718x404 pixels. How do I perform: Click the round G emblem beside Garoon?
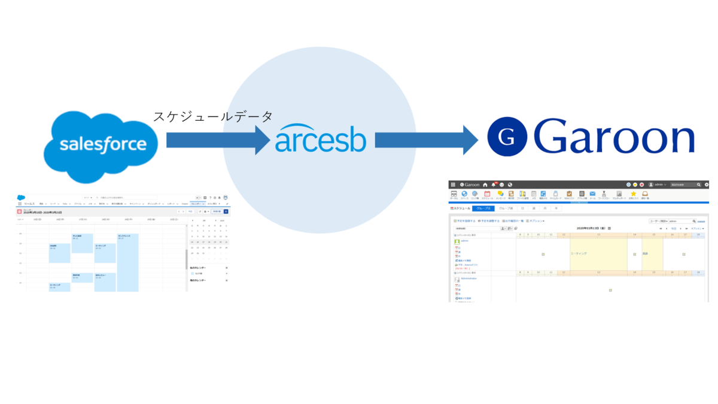click(507, 137)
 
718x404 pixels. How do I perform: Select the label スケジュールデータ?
click(213, 116)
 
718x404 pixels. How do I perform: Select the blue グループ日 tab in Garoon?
click(483, 209)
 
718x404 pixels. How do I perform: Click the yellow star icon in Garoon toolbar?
click(633, 194)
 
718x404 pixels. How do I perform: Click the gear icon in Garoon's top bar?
click(707, 185)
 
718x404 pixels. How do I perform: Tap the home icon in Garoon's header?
click(485, 185)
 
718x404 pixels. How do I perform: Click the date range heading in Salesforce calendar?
click(43, 212)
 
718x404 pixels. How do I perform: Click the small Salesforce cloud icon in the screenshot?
click(21, 197)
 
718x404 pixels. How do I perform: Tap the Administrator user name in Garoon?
click(469, 278)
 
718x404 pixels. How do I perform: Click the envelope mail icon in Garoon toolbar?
click(592, 194)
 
